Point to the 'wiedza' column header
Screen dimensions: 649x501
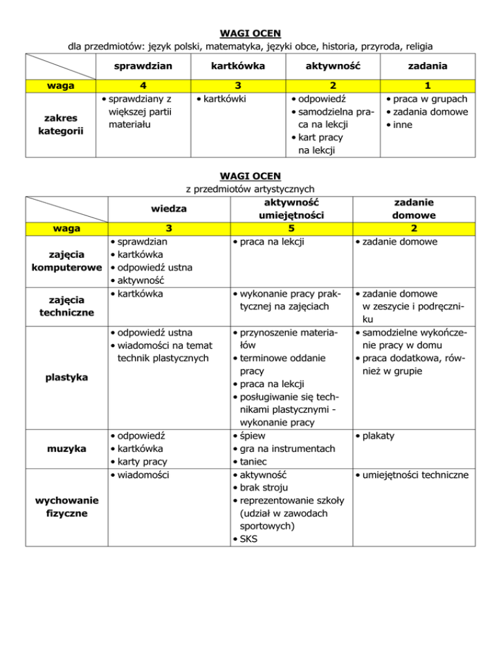169,209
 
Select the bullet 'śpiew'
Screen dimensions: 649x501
251,435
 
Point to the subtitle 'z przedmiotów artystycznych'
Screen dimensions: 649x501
250,189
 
